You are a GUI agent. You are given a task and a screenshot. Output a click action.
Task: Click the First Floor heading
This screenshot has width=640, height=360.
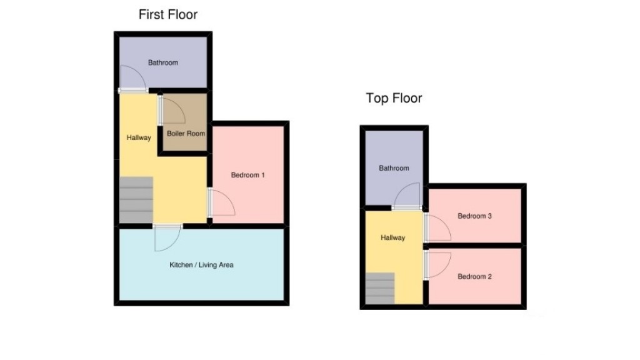[x=167, y=14]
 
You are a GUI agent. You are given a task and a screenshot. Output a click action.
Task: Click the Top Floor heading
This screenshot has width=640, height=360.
[x=394, y=98]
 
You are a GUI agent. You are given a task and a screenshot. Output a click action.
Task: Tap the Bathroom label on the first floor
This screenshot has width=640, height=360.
[x=162, y=62]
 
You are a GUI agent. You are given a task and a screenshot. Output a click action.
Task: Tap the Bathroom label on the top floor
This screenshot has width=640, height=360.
[x=394, y=168]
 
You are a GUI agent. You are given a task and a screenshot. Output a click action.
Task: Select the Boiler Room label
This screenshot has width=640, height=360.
[x=186, y=133]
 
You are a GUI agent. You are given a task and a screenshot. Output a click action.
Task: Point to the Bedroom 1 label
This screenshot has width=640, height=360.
[x=248, y=175]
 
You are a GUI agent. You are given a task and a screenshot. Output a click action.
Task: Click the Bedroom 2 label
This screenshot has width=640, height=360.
[x=474, y=276]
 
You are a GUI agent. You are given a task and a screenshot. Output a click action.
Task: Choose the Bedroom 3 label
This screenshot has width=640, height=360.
[x=474, y=216]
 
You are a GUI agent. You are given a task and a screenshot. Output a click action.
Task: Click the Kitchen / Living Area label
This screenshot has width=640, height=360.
[x=201, y=265]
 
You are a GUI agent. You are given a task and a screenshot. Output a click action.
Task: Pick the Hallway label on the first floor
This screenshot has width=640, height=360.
[x=138, y=137]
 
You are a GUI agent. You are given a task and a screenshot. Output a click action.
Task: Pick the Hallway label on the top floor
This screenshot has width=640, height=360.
[x=392, y=237]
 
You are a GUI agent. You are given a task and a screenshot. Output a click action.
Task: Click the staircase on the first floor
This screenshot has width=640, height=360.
[x=136, y=200]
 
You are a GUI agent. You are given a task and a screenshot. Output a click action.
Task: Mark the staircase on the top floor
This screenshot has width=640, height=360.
[x=381, y=289]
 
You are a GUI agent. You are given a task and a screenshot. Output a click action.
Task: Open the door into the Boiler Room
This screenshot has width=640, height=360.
[x=172, y=111]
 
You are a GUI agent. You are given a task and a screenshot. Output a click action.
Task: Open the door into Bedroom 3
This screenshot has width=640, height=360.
[x=437, y=227]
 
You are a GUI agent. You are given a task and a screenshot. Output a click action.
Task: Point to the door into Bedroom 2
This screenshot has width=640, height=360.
[x=437, y=264]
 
